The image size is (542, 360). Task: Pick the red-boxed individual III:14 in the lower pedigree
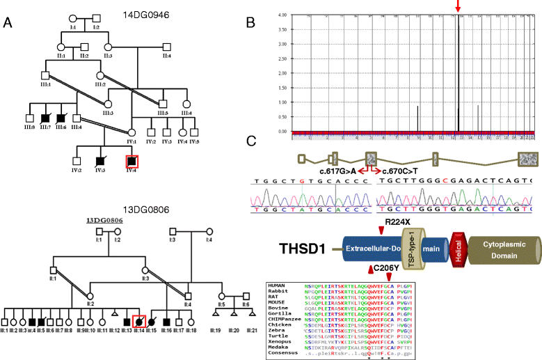(x=138, y=321)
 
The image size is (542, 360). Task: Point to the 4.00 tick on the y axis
(x=282, y=15)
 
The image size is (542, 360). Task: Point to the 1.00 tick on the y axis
(x=282, y=102)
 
